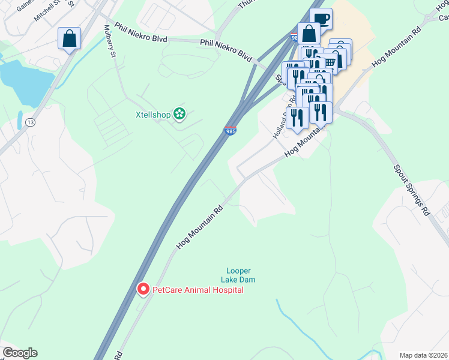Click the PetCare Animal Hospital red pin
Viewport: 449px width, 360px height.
[x=143, y=289]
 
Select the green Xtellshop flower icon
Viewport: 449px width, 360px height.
[x=179, y=113]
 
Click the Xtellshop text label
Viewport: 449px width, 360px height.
[x=152, y=113]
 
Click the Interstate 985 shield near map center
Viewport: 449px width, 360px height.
[x=230, y=130]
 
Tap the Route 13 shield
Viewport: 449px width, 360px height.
[x=30, y=123]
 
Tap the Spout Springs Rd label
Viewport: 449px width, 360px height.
[x=412, y=190]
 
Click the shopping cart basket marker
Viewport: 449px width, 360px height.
[x=330, y=62]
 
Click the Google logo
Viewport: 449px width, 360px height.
[x=20, y=353]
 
